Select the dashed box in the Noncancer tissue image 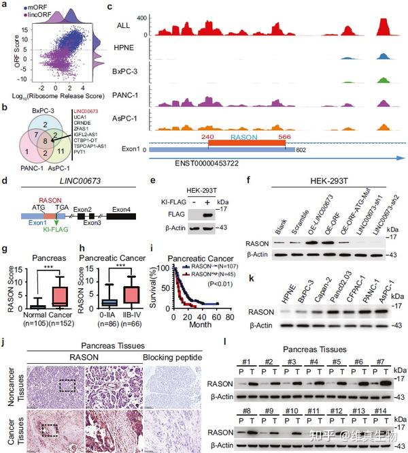pos(67,386)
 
